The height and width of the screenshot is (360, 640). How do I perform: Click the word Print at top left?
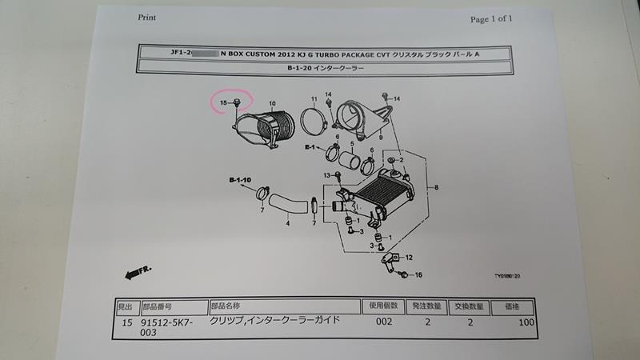[x=147, y=16]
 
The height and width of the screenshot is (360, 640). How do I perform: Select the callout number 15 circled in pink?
[x=225, y=102]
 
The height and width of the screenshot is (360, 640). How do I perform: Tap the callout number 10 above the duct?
[x=272, y=103]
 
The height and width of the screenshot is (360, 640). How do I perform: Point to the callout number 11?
[x=314, y=99]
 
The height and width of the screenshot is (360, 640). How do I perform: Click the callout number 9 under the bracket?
[x=381, y=138]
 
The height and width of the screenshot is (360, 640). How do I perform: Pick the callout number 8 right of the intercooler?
[x=436, y=187]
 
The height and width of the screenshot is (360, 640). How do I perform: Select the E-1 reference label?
[x=311, y=148]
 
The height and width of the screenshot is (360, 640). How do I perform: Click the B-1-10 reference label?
[x=240, y=180]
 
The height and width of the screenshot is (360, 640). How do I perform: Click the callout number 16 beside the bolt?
[x=418, y=275]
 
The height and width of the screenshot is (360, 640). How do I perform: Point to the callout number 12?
[x=409, y=258]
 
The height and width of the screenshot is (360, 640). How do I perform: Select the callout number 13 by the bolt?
[x=326, y=175]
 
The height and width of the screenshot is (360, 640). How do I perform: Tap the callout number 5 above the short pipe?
[x=351, y=144]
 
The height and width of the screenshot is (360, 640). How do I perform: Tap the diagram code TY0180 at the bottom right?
[x=507, y=276]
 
